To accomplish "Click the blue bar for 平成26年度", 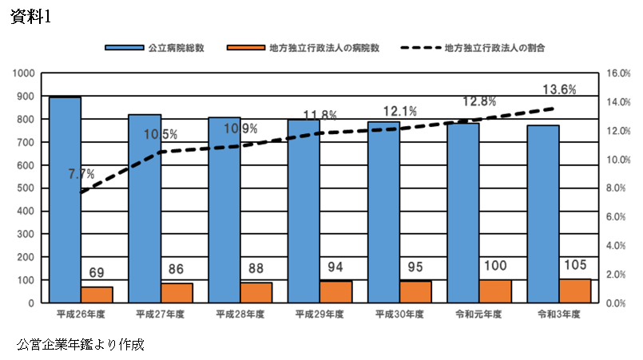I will click(x=65, y=200).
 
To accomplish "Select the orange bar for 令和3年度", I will click(x=575, y=291).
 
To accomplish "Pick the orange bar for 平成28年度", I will click(x=256, y=293).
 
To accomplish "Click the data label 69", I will click(x=97, y=273).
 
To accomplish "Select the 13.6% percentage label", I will click(x=559, y=89).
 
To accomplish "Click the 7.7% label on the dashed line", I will click(x=82, y=173).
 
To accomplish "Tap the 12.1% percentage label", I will click(x=399, y=112).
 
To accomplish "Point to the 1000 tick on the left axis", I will click(x=26, y=73).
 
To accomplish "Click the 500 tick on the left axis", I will click(x=29, y=188).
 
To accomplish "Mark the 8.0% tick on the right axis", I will click(x=618, y=188).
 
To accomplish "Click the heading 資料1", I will click(x=30, y=17).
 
